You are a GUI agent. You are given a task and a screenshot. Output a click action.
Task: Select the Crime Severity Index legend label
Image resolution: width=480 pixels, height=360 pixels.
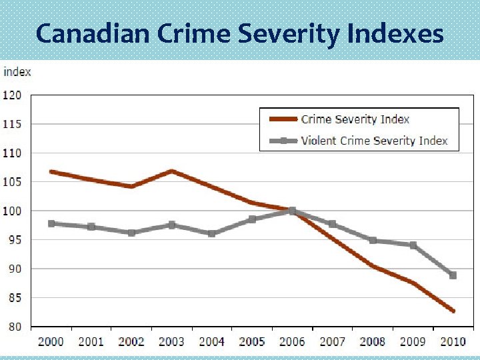click(x=355, y=119)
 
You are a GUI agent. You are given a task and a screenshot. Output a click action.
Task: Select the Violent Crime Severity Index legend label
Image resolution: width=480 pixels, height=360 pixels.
click(x=374, y=141)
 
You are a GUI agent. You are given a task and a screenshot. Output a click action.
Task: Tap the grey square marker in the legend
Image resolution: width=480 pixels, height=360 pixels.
click(x=283, y=141)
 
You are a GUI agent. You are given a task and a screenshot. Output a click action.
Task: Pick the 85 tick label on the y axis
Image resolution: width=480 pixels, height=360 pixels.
click(x=15, y=298)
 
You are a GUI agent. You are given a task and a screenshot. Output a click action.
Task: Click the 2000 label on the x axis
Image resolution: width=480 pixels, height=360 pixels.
click(x=51, y=341)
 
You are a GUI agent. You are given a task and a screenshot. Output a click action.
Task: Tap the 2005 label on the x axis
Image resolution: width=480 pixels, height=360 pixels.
click(x=252, y=341)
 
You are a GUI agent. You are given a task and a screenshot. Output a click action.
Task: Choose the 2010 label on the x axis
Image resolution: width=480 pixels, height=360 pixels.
click(x=453, y=341)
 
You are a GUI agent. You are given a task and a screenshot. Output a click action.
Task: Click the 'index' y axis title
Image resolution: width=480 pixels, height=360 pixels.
click(x=17, y=71)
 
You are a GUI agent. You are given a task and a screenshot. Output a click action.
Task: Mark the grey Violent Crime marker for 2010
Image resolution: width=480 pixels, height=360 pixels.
click(x=453, y=275)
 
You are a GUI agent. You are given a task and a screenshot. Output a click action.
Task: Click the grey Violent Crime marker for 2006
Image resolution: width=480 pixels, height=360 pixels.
click(x=292, y=211)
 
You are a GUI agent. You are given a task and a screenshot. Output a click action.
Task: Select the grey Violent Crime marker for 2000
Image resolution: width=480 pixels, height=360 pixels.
click(x=51, y=223)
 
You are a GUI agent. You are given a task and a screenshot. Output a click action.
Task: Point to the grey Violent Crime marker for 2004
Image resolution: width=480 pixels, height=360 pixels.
click(x=211, y=233)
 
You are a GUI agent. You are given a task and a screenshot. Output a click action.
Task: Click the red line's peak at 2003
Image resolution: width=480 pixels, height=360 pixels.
click(x=171, y=171)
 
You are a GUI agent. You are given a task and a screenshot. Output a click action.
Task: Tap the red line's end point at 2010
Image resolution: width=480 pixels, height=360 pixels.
click(x=453, y=311)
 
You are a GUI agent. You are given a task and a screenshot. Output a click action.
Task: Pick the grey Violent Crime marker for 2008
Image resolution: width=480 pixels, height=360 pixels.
click(x=373, y=240)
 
